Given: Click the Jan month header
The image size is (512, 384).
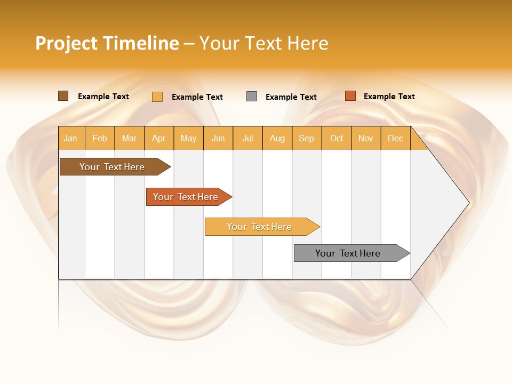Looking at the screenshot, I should click(x=70, y=138).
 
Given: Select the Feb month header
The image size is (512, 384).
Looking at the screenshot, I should click(x=100, y=138).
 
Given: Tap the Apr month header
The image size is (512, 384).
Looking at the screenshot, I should click(x=158, y=138).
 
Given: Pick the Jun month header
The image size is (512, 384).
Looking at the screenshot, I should click(x=218, y=138).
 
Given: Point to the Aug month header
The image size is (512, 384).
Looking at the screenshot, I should click(x=277, y=138).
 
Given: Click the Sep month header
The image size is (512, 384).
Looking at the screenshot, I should click(x=306, y=138).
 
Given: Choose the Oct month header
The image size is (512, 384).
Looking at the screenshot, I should click(x=337, y=138).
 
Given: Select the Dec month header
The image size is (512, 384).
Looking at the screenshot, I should click(x=395, y=138).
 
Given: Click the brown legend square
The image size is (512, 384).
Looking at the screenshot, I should click(x=63, y=96).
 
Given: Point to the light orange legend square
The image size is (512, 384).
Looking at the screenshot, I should click(x=157, y=97).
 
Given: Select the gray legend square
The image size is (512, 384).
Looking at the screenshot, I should click(x=252, y=97).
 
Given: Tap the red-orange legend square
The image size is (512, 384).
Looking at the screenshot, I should click(x=350, y=96).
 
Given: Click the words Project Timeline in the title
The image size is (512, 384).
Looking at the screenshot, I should click(x=107, y=43).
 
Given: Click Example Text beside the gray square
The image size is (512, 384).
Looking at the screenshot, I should click(x=291, y=97).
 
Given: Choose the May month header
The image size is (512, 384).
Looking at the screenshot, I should click(x=188, y=138).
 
